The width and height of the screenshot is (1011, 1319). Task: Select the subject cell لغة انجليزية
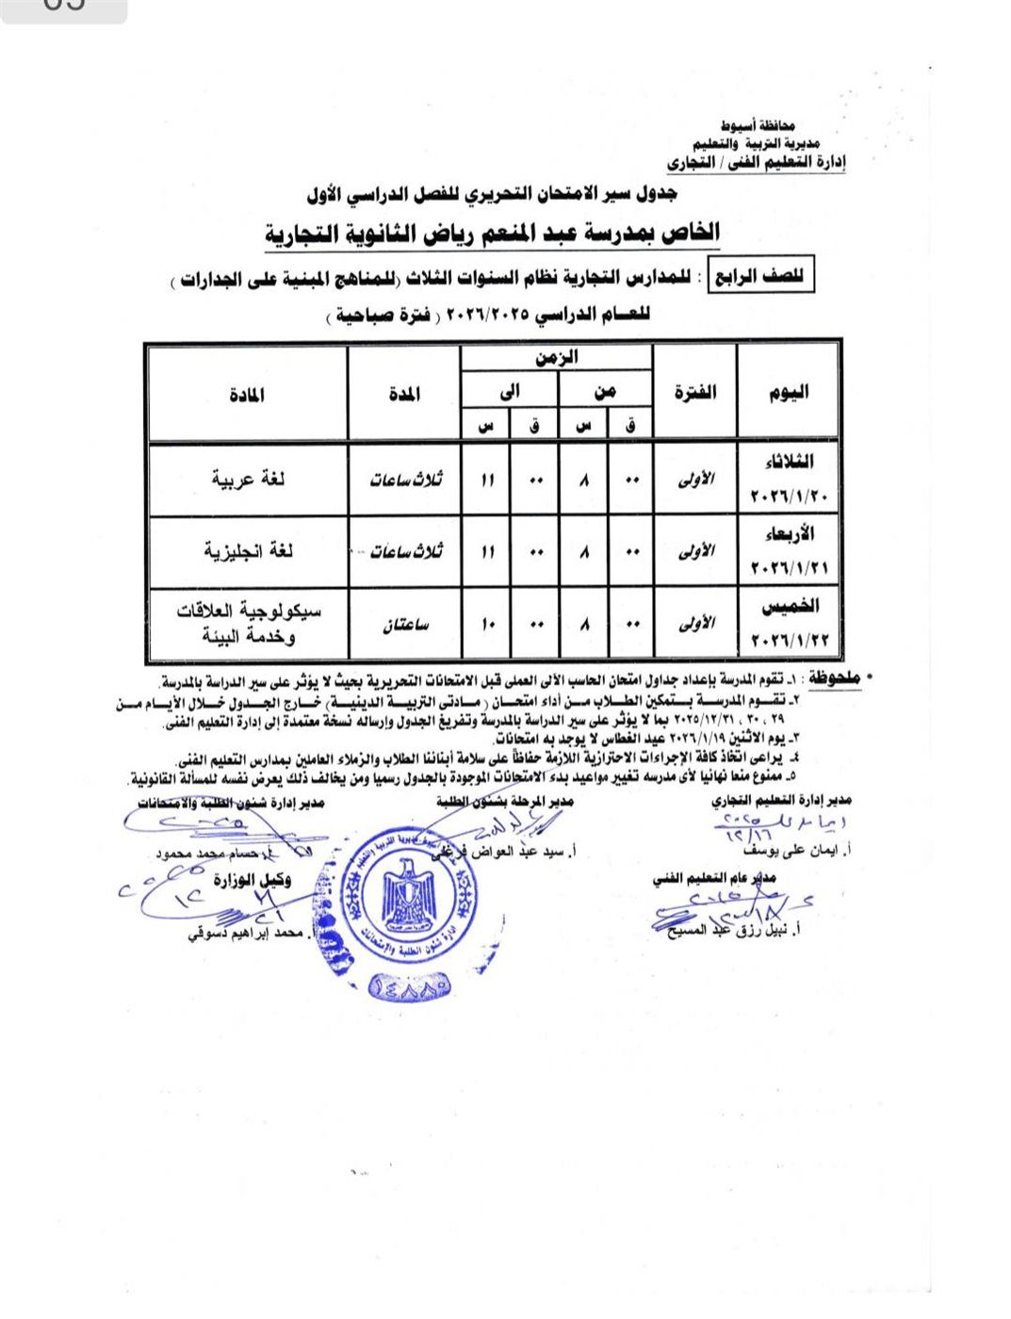point(248,550)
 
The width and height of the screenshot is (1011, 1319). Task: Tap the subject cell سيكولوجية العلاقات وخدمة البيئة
point(248,623)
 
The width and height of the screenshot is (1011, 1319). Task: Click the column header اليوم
point(788,393)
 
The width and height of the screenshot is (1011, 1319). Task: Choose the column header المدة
point(405,395)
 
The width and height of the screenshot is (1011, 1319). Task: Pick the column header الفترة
point(694,393)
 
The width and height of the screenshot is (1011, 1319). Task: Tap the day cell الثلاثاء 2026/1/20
point(786,479)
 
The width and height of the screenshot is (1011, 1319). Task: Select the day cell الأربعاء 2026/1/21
point(786,550)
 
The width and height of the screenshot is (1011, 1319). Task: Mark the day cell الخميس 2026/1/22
point(786,623)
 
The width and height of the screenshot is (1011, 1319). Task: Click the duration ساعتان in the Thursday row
point(405,625)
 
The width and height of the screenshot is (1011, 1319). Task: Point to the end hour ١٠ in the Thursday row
point(486,625)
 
